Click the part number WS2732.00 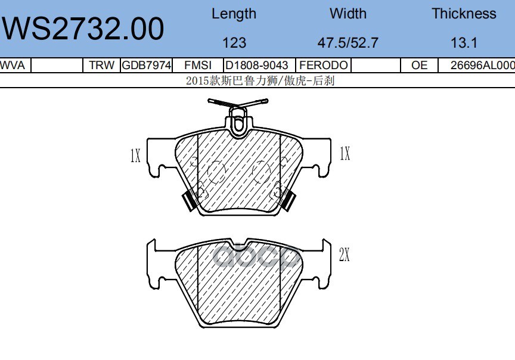click(x=83, y=29)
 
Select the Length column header click(x=234, y=14)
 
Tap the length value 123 click(x=234, y=43)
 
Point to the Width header click(x=348, y=14)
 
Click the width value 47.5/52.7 click(x=348, y=43)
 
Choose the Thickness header click(x=464, y=14)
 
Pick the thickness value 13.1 click(x=464, y=43)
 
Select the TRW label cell click(x=101, y=65)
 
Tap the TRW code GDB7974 click(x=147, y=65)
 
